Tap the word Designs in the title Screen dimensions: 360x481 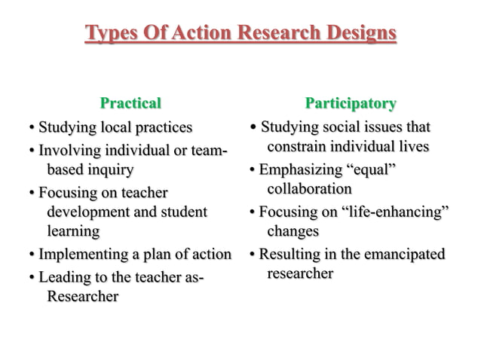(x=357, y=34)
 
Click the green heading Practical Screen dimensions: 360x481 (x=130, y=102)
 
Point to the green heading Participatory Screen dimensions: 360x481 (x=351, y=102)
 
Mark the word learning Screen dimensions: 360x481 (x=73, y=230)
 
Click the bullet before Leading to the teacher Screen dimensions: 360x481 (x=31, y=279)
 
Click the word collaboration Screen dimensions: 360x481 (x=309, y=188)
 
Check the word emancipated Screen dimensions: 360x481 (x=404, y=254)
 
